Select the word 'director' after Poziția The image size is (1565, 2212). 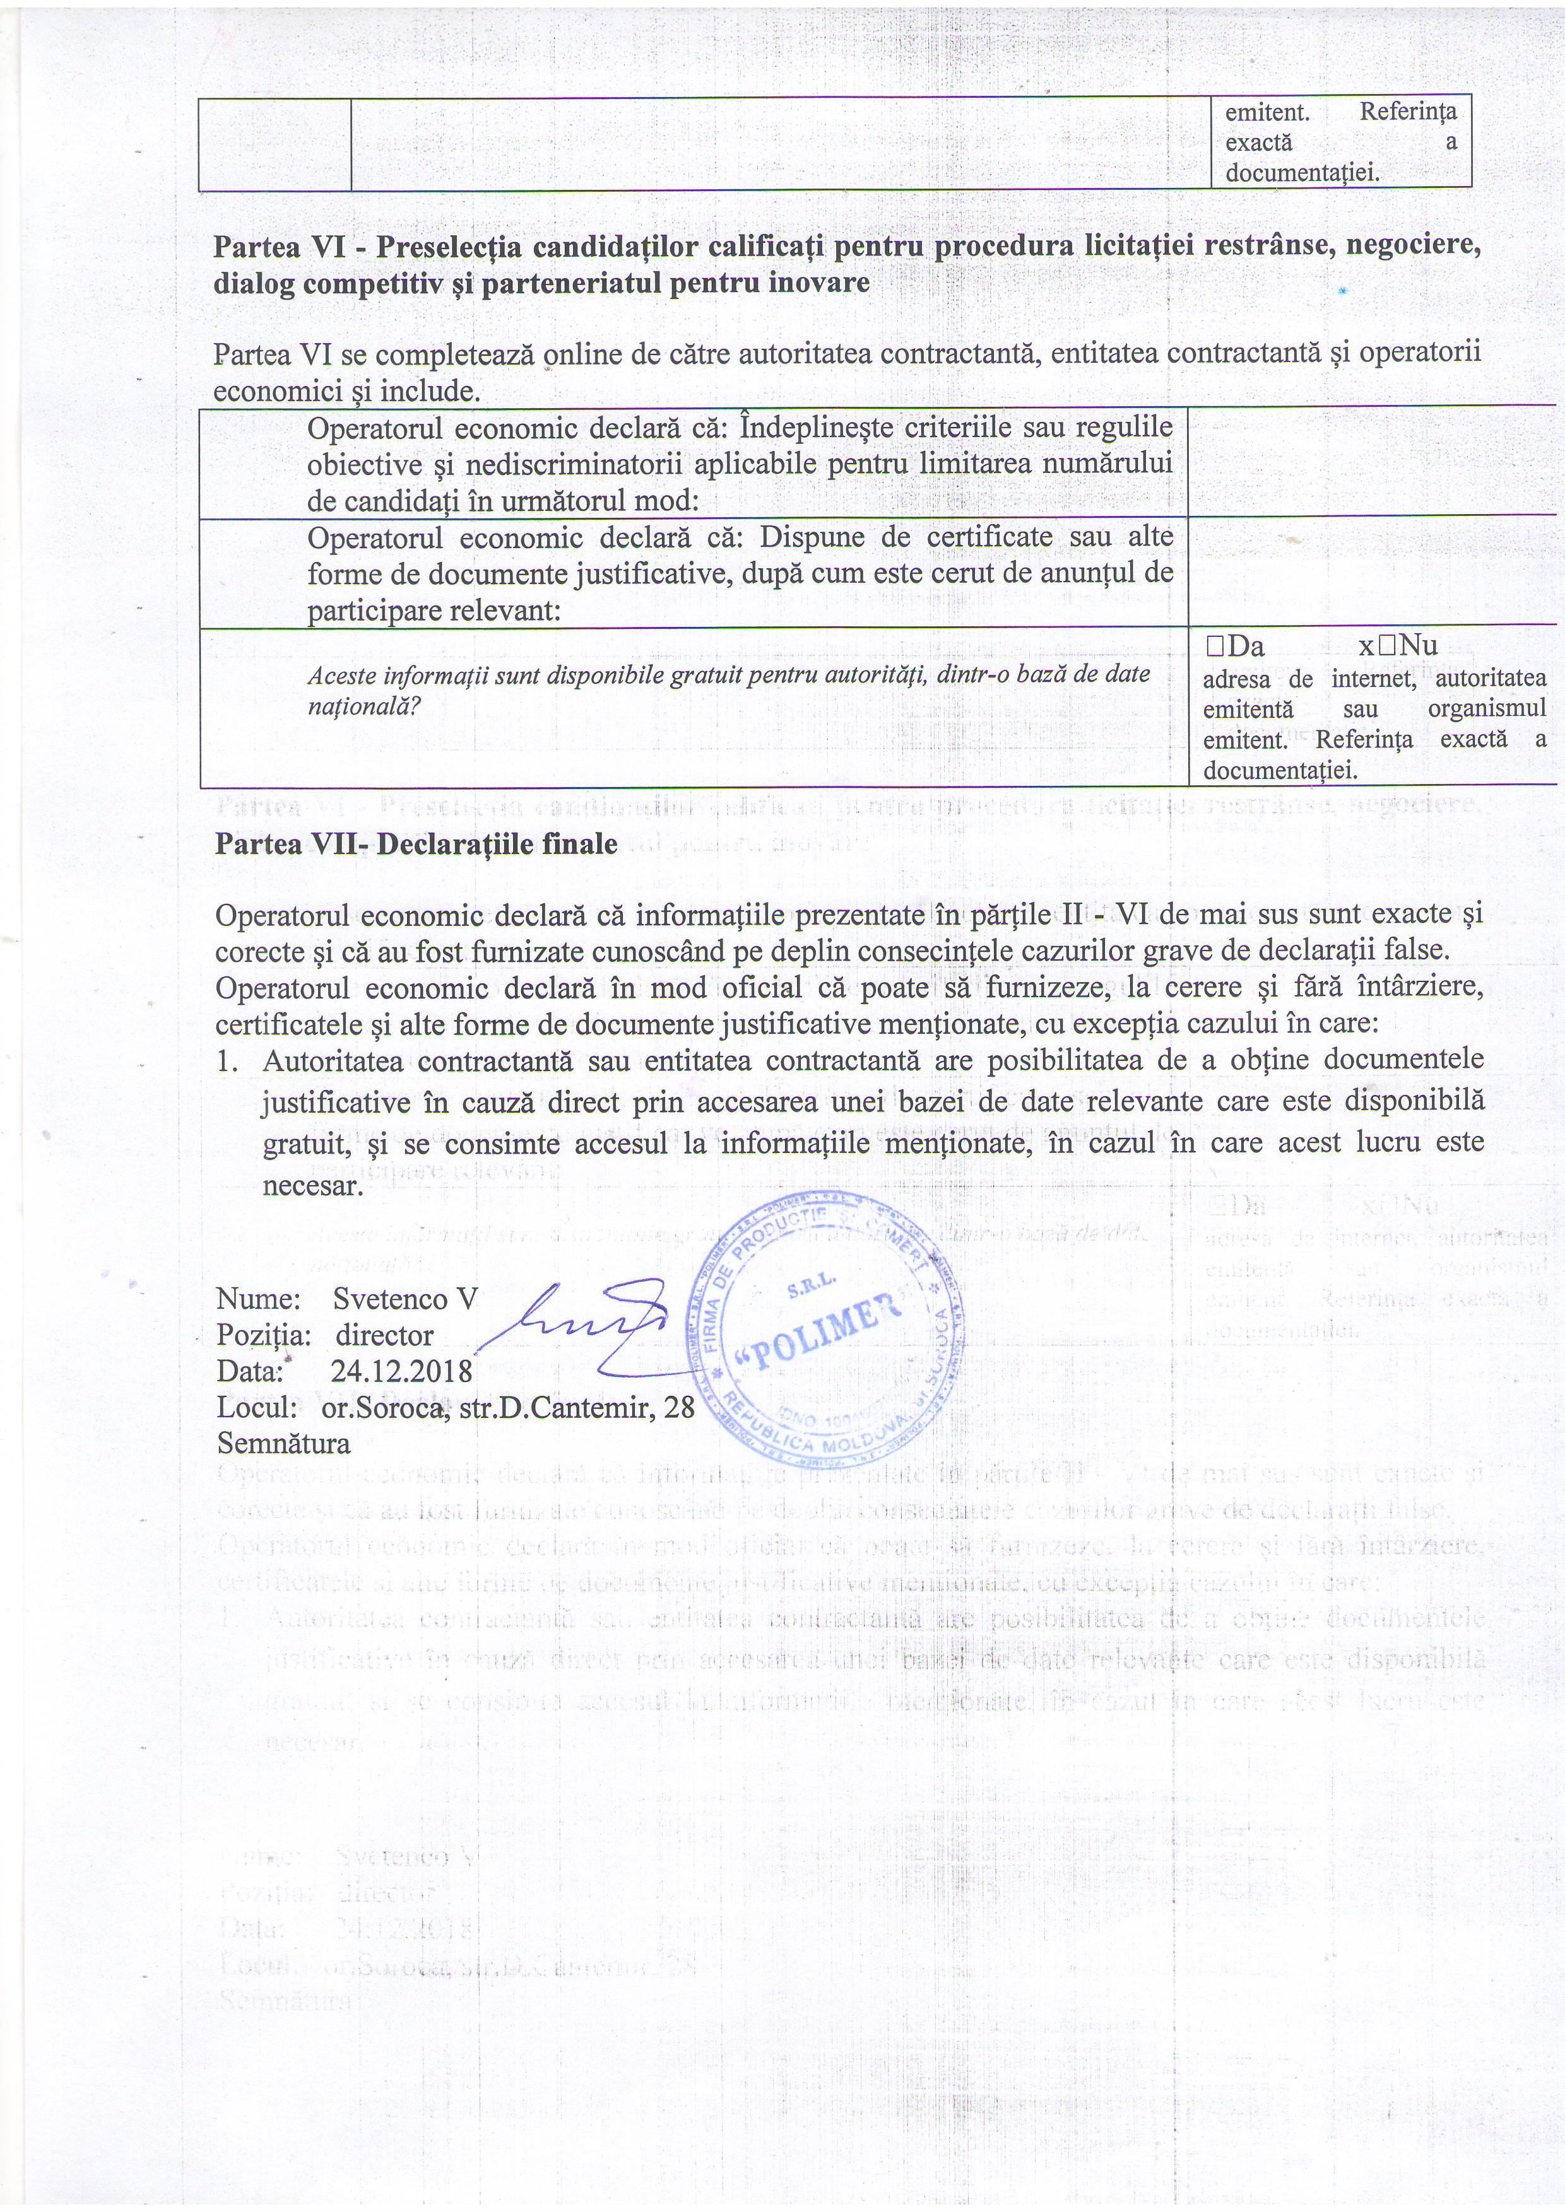[x=384, y=1335]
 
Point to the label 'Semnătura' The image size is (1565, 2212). [x=284, y=1443]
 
